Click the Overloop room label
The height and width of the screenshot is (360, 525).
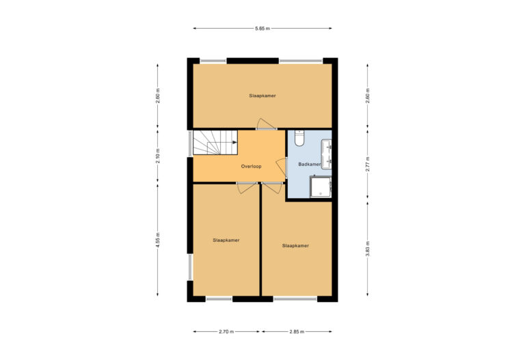(251, 167)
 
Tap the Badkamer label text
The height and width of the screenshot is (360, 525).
(310, 165)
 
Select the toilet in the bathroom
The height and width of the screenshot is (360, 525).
(299, 139)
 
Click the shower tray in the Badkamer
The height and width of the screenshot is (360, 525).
(320, 186)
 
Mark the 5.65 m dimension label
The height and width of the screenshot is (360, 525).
(262, 29)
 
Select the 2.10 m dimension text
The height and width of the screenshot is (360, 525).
(157, 156)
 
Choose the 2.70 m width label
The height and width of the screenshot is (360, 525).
(226, 332)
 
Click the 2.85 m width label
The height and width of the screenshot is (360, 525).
(296, 332)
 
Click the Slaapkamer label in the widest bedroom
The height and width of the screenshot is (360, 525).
(262, 96)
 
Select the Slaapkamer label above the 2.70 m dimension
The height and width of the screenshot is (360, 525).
(226, 240)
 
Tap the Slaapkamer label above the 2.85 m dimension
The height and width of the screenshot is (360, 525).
(296, 245)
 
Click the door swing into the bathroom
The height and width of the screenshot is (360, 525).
(281, 167)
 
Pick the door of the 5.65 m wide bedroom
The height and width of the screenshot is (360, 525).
(265, 124)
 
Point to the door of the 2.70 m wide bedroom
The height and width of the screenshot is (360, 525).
(246, 188)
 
